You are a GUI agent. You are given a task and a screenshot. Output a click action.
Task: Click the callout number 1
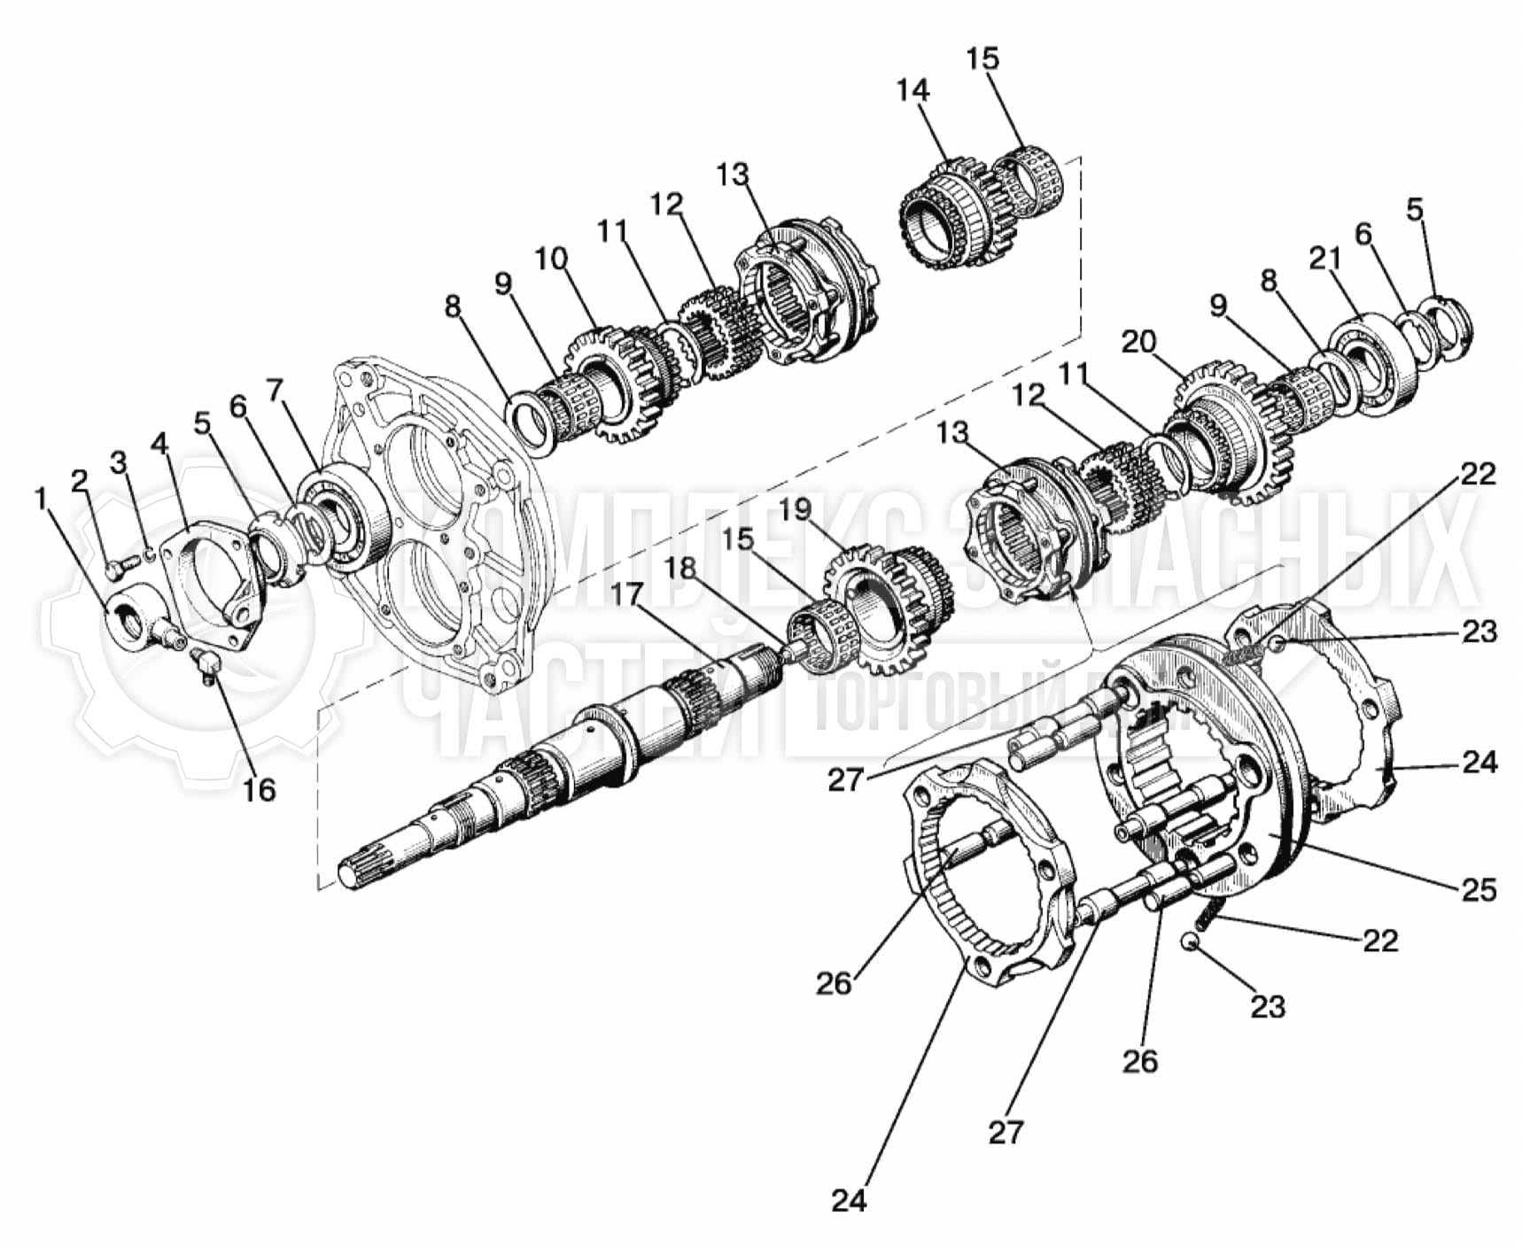[x=40, y=500]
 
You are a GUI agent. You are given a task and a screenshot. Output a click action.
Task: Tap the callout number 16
[x=259, y=789]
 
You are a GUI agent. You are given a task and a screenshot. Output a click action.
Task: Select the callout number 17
[x=626, y=593]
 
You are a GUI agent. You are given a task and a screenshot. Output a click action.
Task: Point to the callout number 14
[x=912, y=90]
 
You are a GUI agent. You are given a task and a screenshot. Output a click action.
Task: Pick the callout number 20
[x=1138, y=342]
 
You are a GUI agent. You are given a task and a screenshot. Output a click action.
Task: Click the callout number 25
[x=1479, y=889]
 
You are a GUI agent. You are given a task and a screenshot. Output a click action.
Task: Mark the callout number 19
[x=796, y=509]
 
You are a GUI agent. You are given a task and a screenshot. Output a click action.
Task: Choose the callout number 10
[x=550, y=259]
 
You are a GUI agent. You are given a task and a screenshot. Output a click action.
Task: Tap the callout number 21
[x=1325, y=259]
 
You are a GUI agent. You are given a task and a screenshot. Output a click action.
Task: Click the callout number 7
[x=275, y=389]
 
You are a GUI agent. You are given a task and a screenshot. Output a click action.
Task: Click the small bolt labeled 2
[x=115, y=569]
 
